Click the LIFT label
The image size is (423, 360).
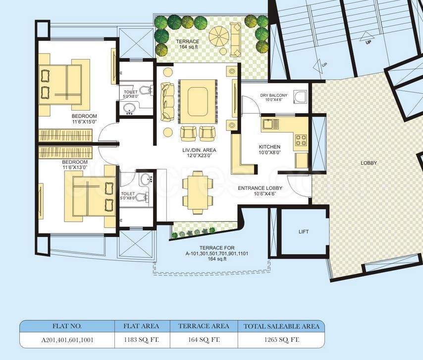point(303,232)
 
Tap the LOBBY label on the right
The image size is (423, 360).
point(369,163)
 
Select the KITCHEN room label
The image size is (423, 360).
point(269,147)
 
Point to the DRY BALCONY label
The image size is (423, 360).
point(274,96)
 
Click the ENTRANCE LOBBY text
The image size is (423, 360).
point(260,188)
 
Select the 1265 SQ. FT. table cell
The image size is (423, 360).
point(281,340)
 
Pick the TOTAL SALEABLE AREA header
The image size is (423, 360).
point(281,326)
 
